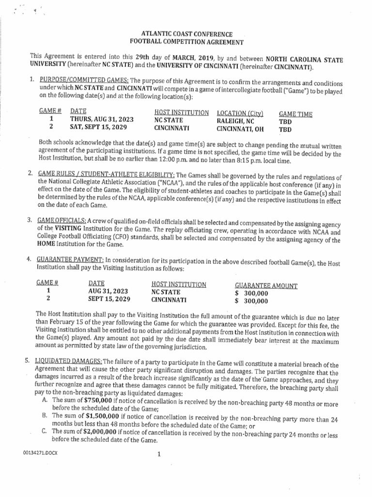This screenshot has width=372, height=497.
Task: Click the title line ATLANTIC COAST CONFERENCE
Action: tap(186, 34)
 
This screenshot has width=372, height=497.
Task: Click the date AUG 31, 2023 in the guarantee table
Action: tap(108, 292)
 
